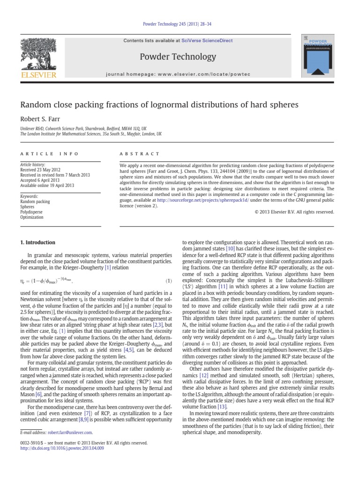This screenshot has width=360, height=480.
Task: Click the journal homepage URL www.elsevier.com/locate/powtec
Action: click(207, 75)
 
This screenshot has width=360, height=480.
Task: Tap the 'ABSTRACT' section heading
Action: click(140, 154)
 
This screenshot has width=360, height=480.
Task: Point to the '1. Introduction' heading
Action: click(37, 242)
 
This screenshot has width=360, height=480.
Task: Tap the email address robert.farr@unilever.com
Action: click(70, 432)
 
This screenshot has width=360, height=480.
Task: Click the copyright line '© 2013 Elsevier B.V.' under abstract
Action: click(294, 212)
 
